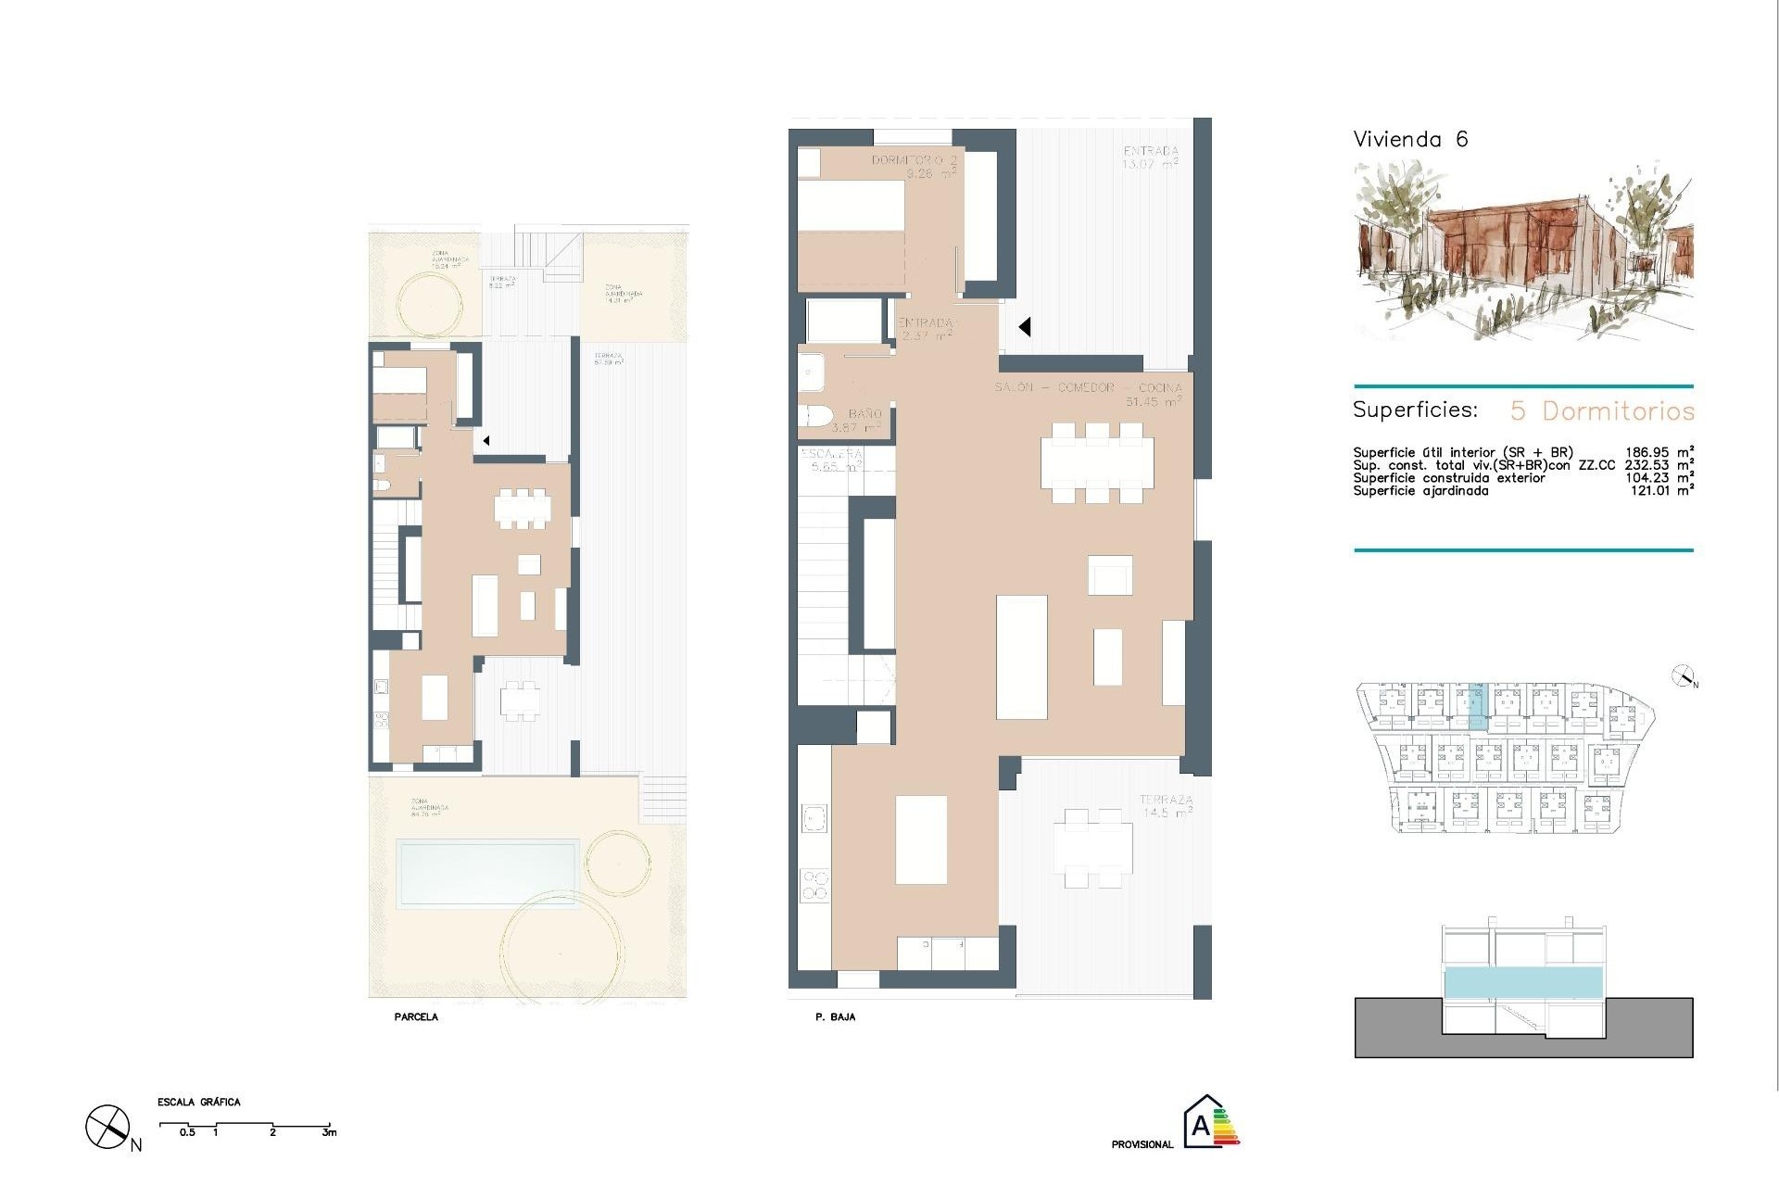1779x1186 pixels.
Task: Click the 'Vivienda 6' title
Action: tap(1410, 140)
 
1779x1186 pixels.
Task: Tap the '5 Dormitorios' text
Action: tap(1602, 410)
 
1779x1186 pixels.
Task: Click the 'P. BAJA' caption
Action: tap(835, 1016)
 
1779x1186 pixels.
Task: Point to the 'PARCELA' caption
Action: tap(415, 1016)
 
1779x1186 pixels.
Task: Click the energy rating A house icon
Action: tap(1203, 1123)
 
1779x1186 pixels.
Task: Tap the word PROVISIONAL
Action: tap(1142, 1144)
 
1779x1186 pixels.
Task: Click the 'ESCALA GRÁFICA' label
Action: tap(198, 1102)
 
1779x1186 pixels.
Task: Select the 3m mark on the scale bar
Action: tap(329, 1132)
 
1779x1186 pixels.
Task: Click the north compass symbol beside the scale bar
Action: tap(107, 1127)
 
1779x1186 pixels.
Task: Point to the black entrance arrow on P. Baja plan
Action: tap(1025, 327)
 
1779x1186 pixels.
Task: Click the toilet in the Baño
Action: tap(815, 417)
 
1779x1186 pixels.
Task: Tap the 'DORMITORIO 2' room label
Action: tap(914, 160)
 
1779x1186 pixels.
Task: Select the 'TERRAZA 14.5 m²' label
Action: tap(1166, 805)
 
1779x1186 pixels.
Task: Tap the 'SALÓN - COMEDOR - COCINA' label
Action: tap(1088, 387)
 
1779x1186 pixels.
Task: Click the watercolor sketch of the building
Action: tap(1522, 250)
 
